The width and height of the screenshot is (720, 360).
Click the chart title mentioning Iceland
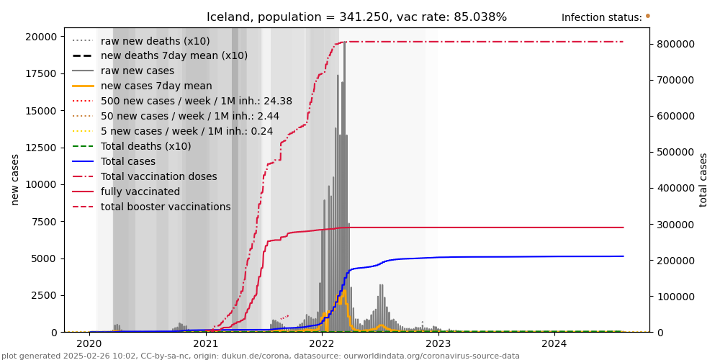[x=356, y=17]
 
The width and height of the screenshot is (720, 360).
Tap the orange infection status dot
[x=647, y=16]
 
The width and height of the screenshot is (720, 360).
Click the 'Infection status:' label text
[x=601, y=18]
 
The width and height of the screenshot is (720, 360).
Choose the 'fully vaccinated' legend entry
[x=140, y=192]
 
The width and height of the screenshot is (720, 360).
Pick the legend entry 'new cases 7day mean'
[x=156, y=86]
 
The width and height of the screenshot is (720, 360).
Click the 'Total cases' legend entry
[x=128, y=161]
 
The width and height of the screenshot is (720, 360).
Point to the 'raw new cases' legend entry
[x=138, y=71]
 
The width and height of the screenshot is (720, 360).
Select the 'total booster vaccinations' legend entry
[x=166, y=207]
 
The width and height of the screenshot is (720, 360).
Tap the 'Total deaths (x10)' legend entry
[x=146, y=146]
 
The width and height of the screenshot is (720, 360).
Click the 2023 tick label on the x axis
[x=438, y=344]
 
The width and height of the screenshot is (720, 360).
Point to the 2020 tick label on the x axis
[x=90, y=344]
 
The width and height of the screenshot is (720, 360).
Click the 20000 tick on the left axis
[x=42, y=37]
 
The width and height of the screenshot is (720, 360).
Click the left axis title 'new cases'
[x=15, y=179]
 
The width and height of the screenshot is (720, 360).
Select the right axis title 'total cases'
[x=703, y=179]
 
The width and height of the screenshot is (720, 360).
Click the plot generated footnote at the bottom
[x=261, y=356]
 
